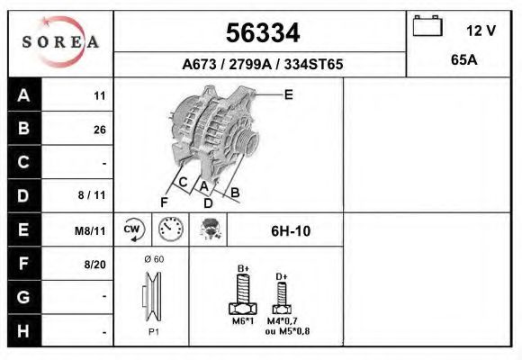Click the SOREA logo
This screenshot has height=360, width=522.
coord(60,42)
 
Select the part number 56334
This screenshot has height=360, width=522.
coord(261,34)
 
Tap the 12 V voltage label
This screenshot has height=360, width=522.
coord(481,31)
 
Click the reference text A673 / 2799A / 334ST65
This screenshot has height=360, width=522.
coord(262,65)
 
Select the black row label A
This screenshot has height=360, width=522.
coord(23,95)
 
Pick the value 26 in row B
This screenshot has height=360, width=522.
coord(99,130)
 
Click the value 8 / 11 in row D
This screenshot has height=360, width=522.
coord(93,195)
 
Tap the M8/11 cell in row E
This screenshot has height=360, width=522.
coord(90,231)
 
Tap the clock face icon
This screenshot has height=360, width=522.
coord(170,230)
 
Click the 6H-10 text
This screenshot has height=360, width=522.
coord(290,231)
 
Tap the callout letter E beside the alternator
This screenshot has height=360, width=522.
coord(288,93)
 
